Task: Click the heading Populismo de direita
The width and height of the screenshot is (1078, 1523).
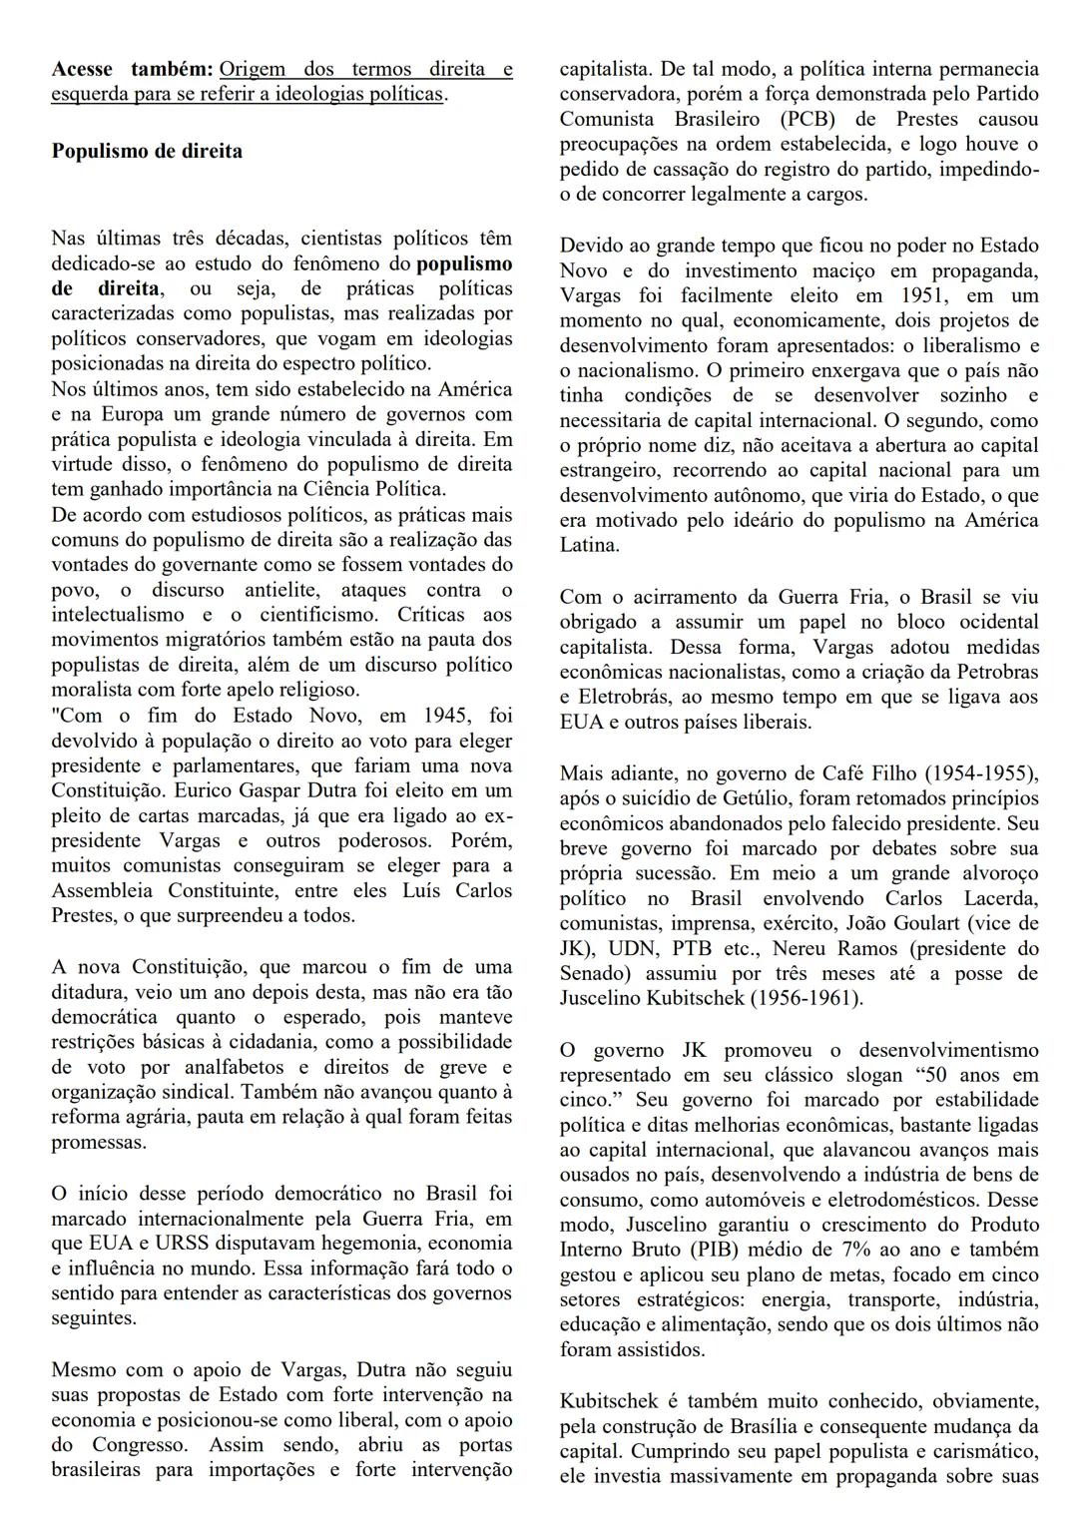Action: point(147,153)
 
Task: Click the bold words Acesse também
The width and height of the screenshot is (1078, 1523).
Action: point(131,70)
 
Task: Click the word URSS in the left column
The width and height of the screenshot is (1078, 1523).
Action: point(182,1244)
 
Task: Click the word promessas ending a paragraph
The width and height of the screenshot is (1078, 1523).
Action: point(99,1143)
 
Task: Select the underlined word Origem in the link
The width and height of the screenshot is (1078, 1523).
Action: point(252,70)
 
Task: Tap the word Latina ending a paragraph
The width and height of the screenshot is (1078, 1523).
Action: point(589,546)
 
